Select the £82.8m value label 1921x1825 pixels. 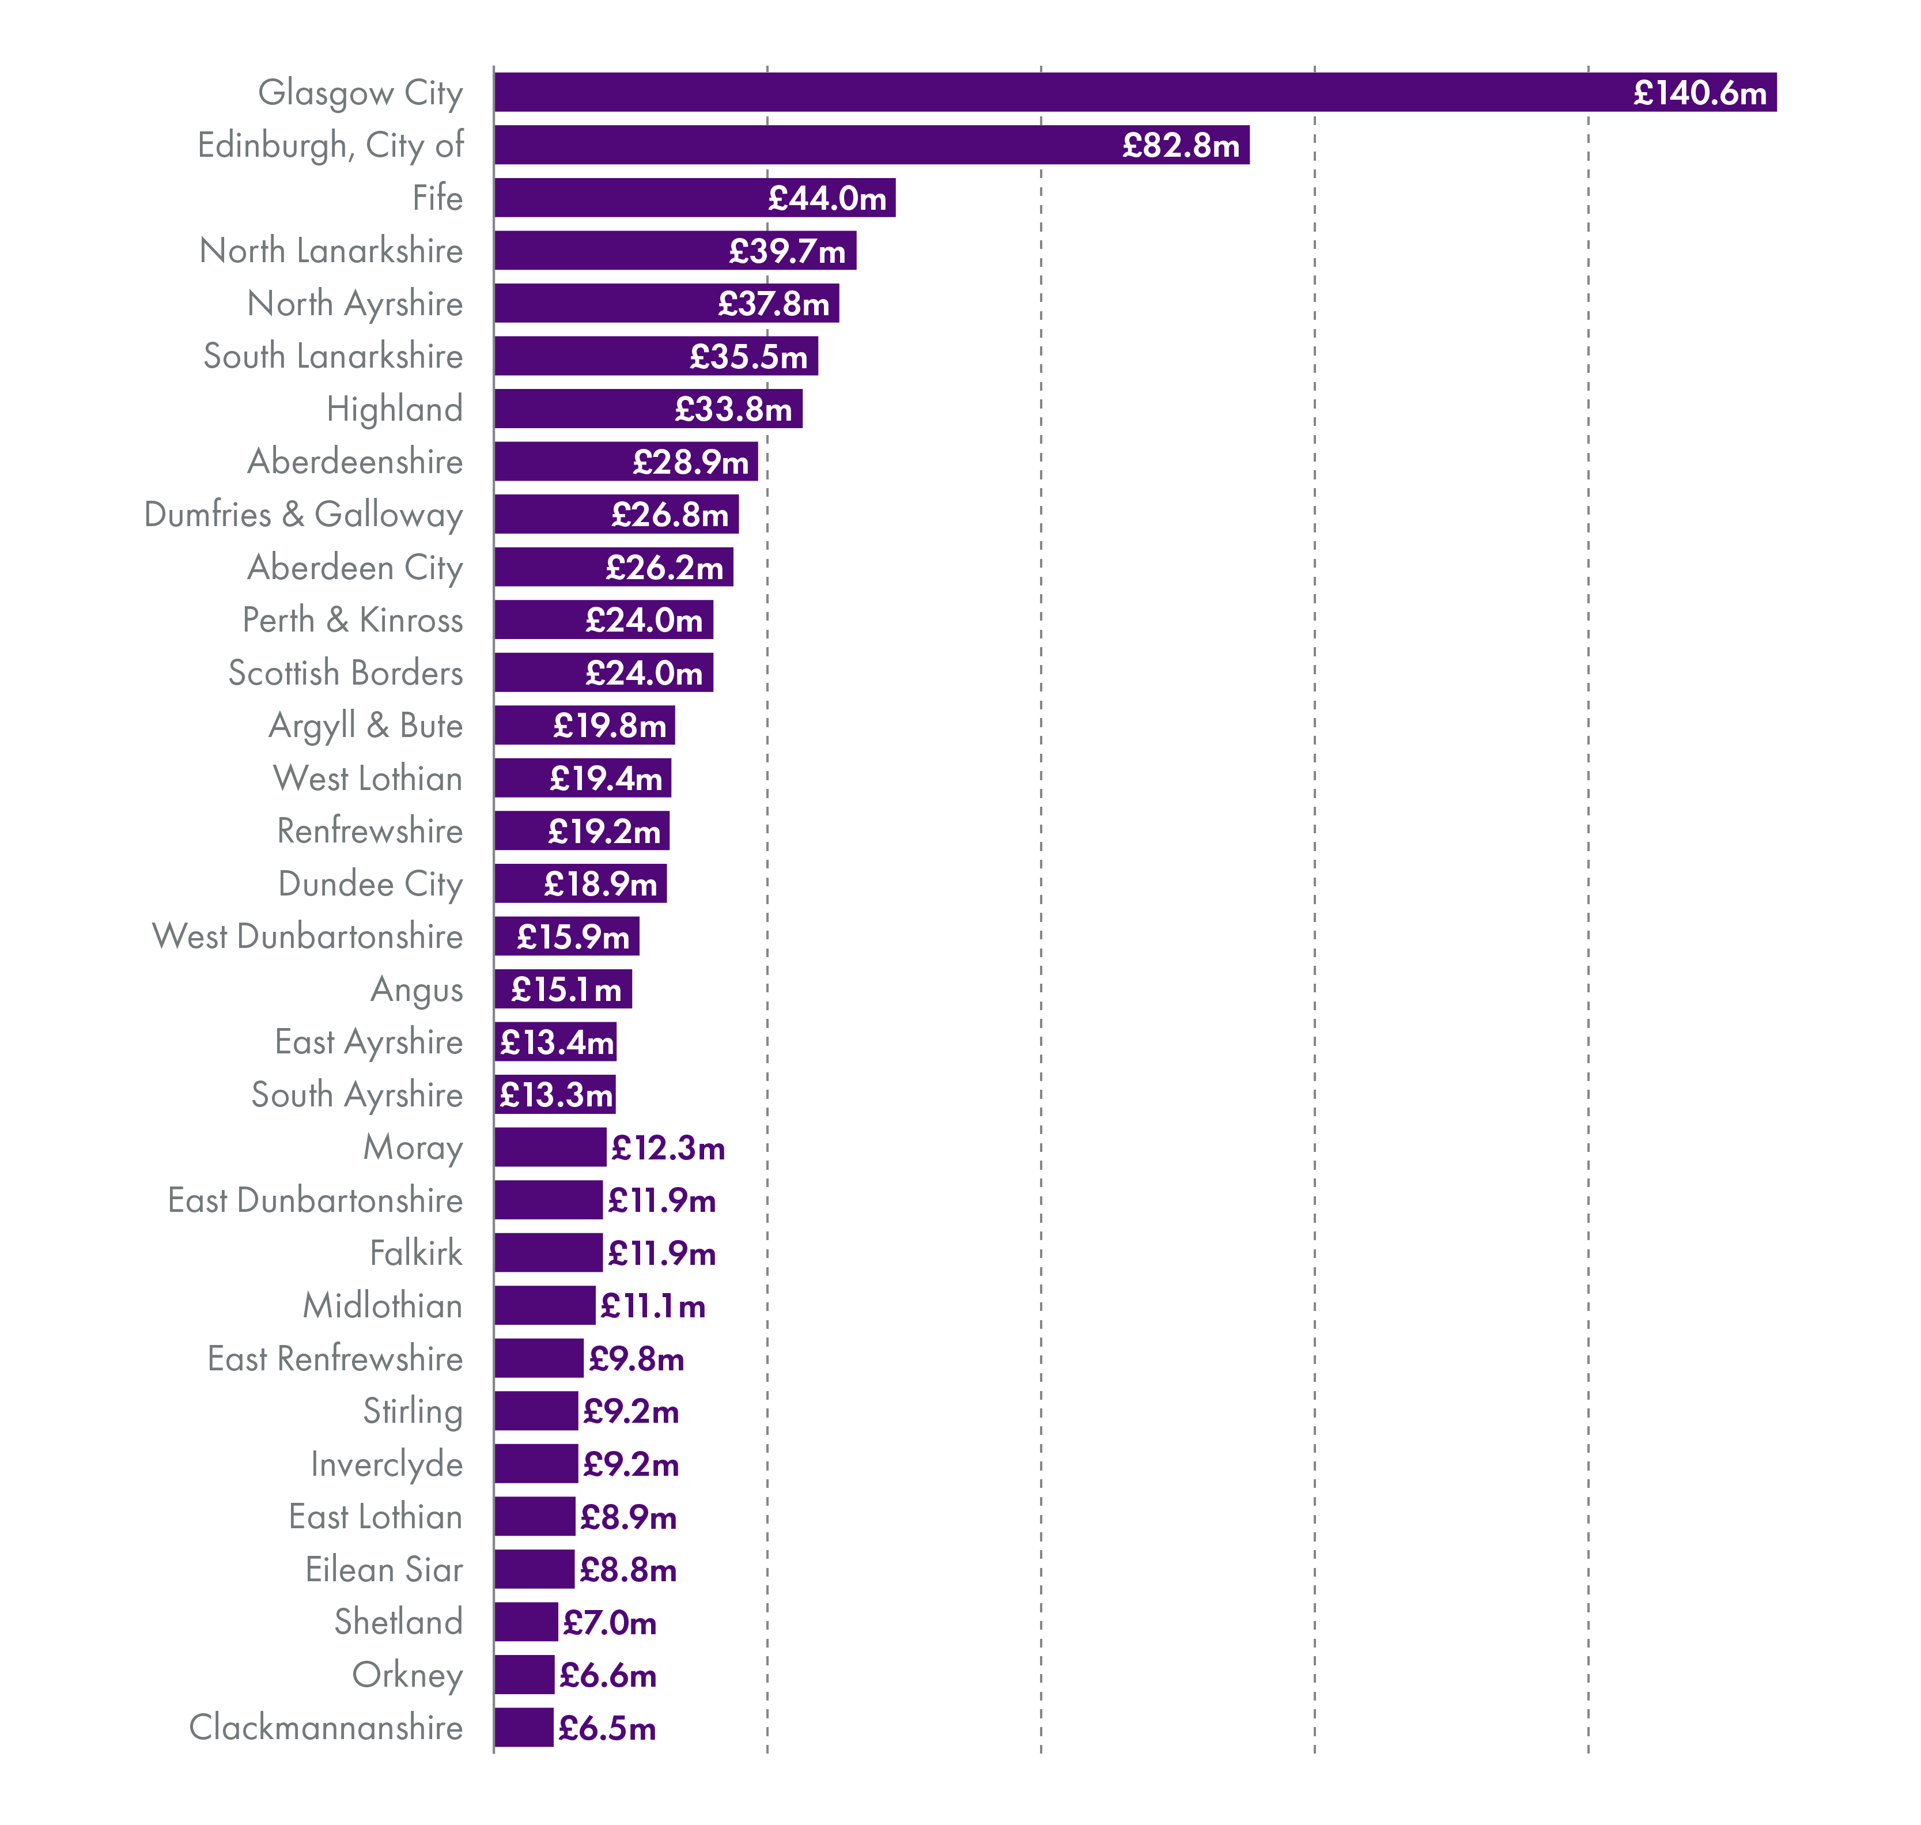[1180, 146]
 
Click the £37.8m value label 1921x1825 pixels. [773, 304]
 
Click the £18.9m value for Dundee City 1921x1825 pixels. [600, 885]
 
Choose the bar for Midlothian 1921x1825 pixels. [544, 1306]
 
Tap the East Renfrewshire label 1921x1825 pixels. [335, 1359]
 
